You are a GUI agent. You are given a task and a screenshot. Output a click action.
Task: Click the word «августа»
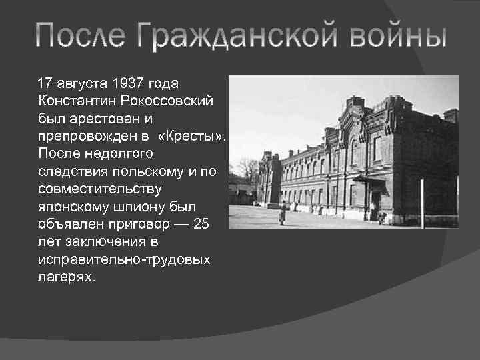(82, 83)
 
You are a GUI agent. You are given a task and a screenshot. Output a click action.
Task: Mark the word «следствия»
(73, 171)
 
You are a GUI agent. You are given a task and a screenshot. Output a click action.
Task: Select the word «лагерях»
(67, 276)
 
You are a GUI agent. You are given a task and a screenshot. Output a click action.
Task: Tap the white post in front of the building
(421, 203)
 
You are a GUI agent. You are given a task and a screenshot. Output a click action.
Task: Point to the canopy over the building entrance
(369, 179)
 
